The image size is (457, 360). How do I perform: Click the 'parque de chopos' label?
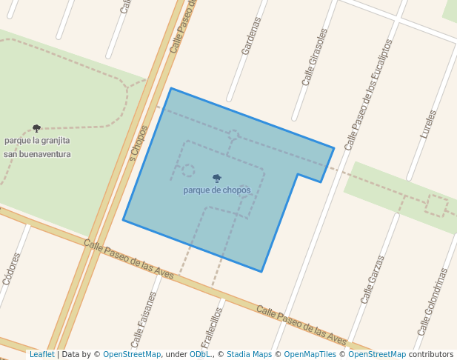click(x=217, y=190)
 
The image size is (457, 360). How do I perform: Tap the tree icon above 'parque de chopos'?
click(x=217, y=178)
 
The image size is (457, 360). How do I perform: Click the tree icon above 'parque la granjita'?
click(x=37, y=128)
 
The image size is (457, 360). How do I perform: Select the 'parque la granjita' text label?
click(x=37, y=140)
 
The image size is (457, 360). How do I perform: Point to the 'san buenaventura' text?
click(x=37, y=154)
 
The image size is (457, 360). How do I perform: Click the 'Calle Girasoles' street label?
click(x=314, y=58)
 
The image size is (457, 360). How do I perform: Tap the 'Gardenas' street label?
click(x=251, y=36)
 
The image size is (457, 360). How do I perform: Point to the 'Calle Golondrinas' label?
click(x=433, y=301)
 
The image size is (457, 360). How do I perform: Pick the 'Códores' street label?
click(x=11, y=269)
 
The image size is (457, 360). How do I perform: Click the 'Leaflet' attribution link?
click(x=41, y=355)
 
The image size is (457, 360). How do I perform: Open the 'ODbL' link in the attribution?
click(x=199, y=355)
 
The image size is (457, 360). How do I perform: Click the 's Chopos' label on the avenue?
click(x=139, y=143)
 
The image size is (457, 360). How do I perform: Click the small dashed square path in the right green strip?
click(x=437, y=205)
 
